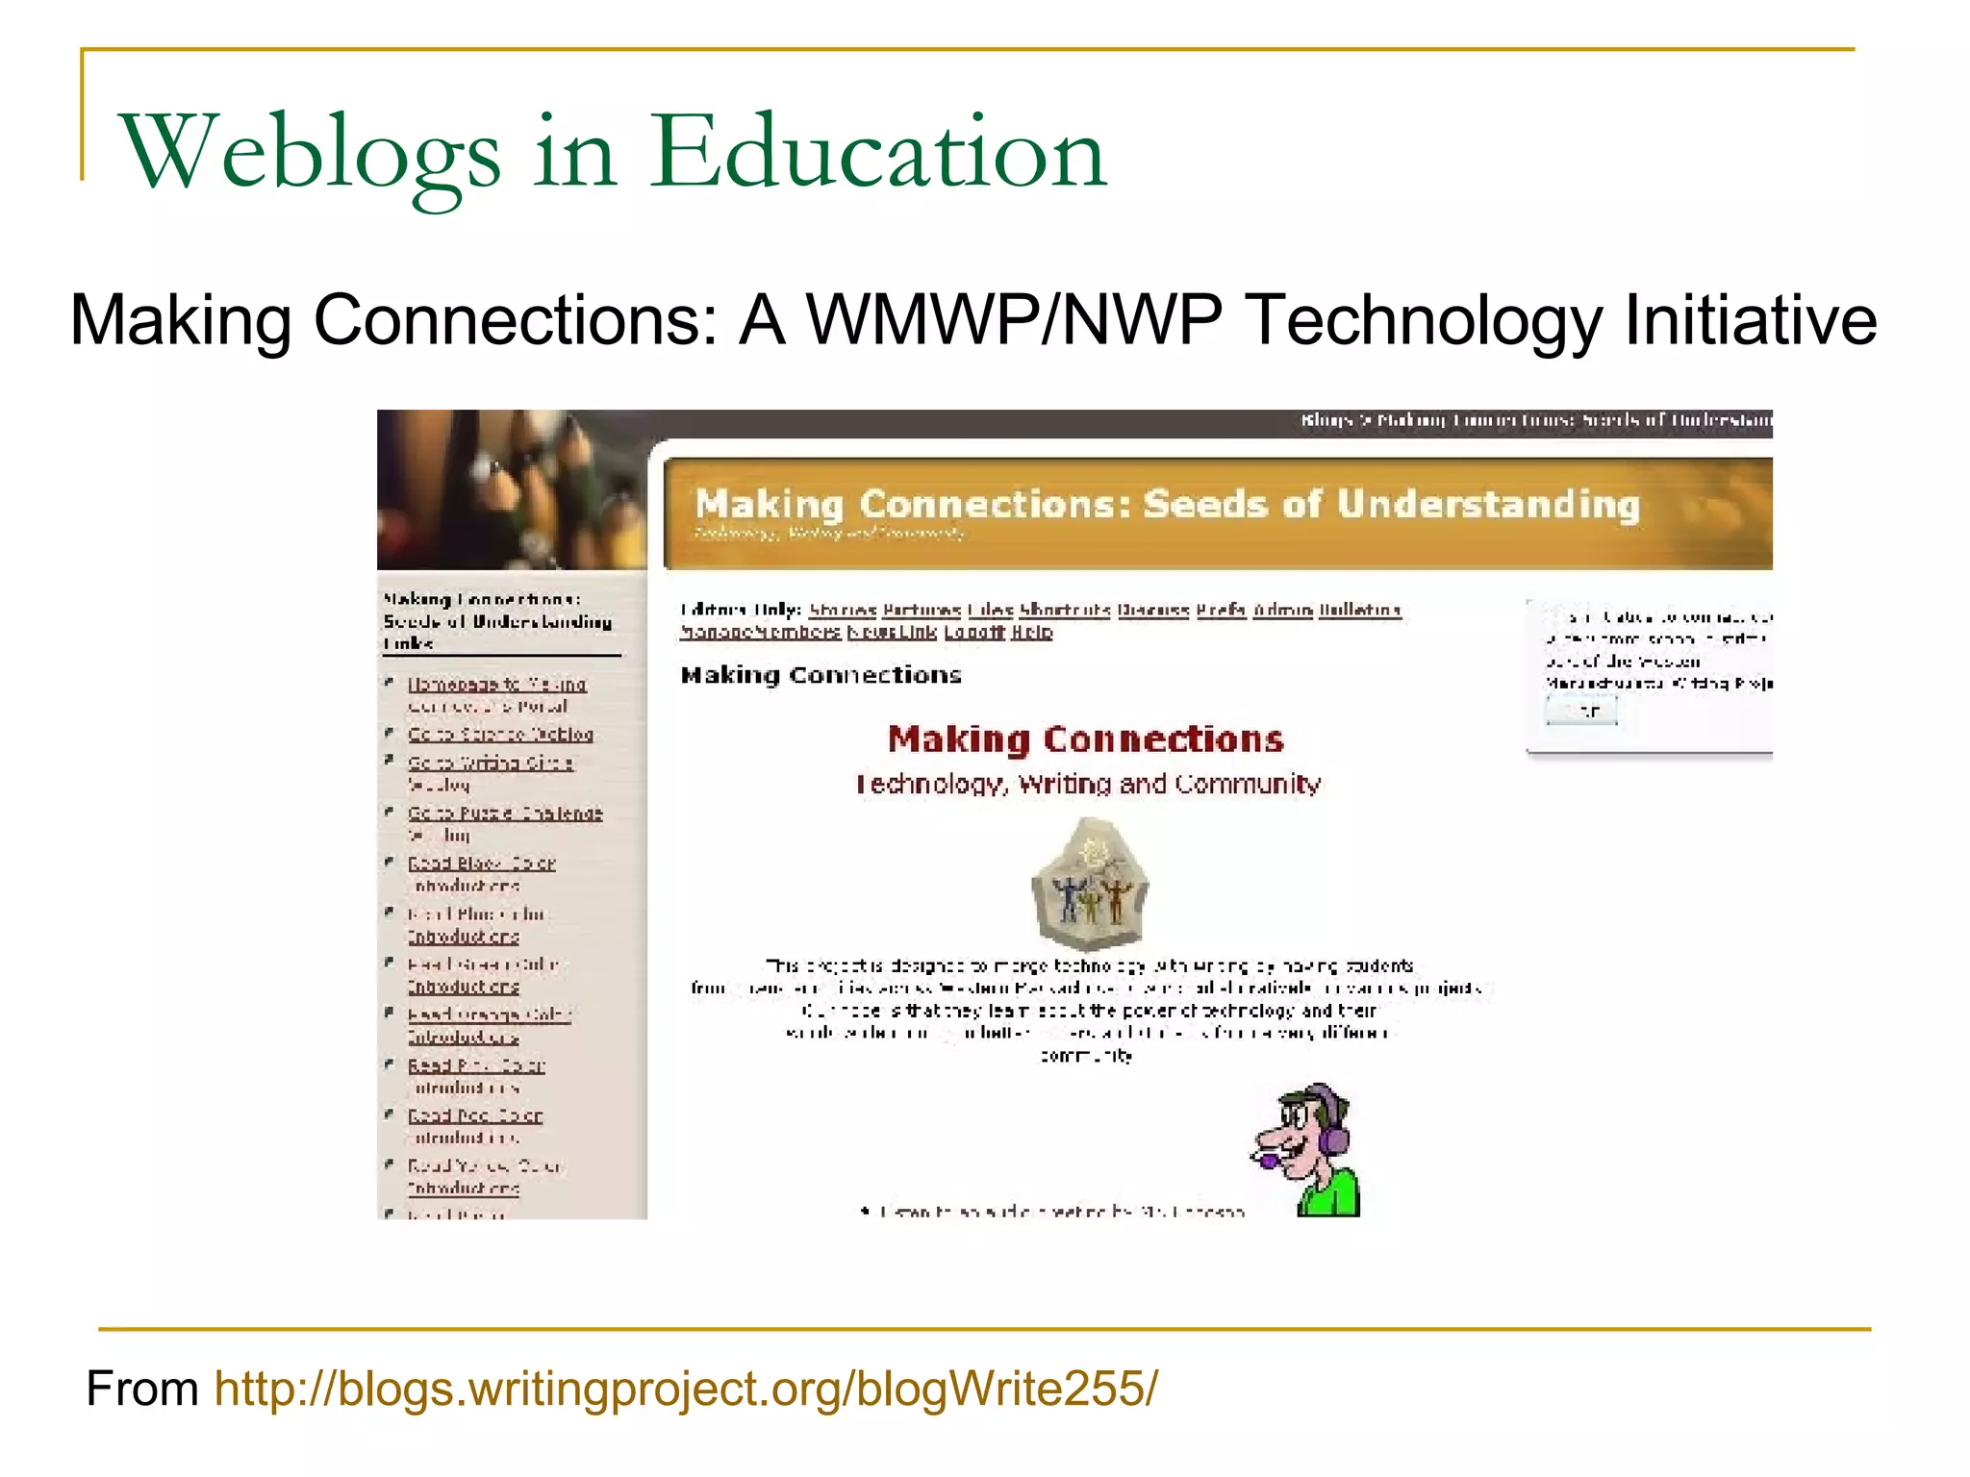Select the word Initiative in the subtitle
[1750, 320]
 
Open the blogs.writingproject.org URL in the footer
[686, 1389]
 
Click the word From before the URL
[142, 1389]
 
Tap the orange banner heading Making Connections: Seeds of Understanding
[1167, 505]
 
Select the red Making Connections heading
[1085, 738]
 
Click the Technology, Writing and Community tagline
[1088, 785]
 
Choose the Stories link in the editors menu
[843, 610]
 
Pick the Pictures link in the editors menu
[922, 610]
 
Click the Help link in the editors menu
[1032, 633]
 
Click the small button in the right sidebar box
[1581, 712]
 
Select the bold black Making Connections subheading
[821, 675]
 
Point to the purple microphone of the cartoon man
[1269, 1161]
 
